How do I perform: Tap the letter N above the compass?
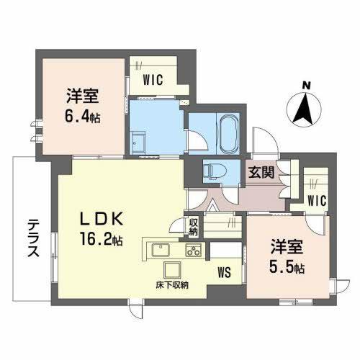[x=305, y=86]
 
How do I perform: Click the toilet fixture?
[x=212, y=171]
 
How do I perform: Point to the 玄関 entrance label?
[x=260, y=173]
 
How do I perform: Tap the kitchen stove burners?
[x=193, y=251]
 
